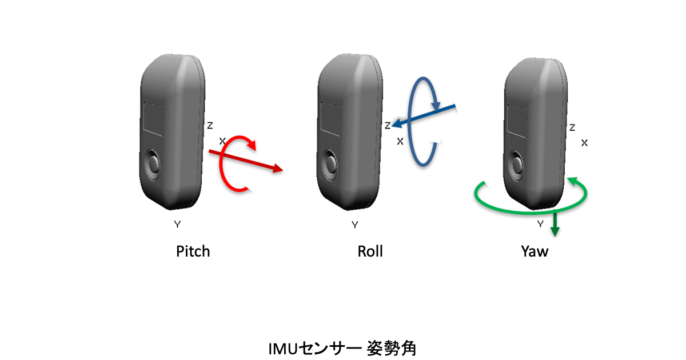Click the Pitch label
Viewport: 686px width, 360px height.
[193, 251]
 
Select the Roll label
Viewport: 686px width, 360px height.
[370, 251]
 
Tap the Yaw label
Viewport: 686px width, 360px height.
[535, 251]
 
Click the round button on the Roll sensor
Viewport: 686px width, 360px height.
[330, 164]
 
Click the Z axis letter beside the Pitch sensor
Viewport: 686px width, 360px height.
[210, 125]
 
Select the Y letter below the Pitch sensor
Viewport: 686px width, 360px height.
[177, 225]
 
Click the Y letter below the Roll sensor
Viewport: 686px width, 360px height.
[355, 225]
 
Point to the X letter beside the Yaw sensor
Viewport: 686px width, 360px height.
[584, 143]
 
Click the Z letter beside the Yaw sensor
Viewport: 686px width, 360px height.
[572, 127]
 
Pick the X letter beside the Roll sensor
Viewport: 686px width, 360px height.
[400, 141]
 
